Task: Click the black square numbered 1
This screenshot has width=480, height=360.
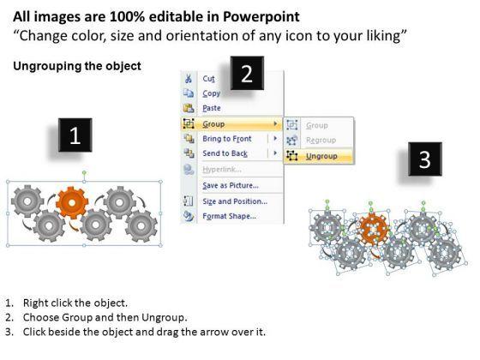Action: (x=75, y=135)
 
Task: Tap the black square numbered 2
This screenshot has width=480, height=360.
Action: (x=247, y=73)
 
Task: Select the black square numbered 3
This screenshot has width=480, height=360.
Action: (x=425, y=159)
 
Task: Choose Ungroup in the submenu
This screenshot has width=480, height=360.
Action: (x=321, y=156)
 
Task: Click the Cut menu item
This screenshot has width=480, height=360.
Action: (x=209, y=79)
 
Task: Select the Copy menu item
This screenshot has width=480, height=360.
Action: (x=211, y=93)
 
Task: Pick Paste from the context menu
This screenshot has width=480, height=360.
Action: (x=212, y=108)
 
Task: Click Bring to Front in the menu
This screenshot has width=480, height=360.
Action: (x=227, y=139)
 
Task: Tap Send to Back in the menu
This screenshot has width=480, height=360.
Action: (x=225, y=153)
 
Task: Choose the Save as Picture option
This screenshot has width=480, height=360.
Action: (x=231, y=185)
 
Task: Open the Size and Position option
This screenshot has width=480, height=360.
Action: (x=235, y=201)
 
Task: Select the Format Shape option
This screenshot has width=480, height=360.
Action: (x=230, y=216)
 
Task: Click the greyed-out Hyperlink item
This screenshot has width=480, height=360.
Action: (x=222, y=170)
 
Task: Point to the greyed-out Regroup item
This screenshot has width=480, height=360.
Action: (x=321, y=141)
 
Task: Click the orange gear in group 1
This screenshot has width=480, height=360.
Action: (x=72, y=202)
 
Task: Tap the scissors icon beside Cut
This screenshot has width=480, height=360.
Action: (x=189, y=78)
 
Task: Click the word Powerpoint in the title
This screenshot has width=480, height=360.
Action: (x=261, y=16)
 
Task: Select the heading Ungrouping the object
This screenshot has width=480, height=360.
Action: (x=77, y=66)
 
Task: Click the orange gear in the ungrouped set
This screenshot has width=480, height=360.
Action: (x=374, y=229)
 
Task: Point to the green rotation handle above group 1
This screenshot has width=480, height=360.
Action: (x=84, y=173)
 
